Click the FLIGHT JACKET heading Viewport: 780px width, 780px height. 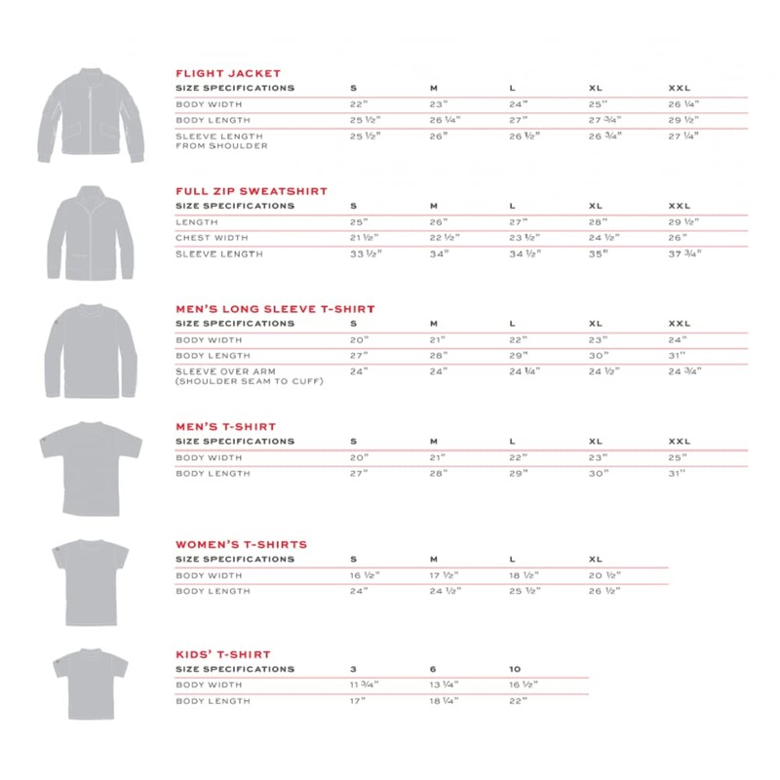(227, 73)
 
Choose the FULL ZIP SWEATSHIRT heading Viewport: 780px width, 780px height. (251, 191)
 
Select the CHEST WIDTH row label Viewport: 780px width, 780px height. (212, 238)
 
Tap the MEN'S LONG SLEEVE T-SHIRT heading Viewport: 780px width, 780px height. (275, 309)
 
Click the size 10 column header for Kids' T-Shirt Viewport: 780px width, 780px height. (515, 669)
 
